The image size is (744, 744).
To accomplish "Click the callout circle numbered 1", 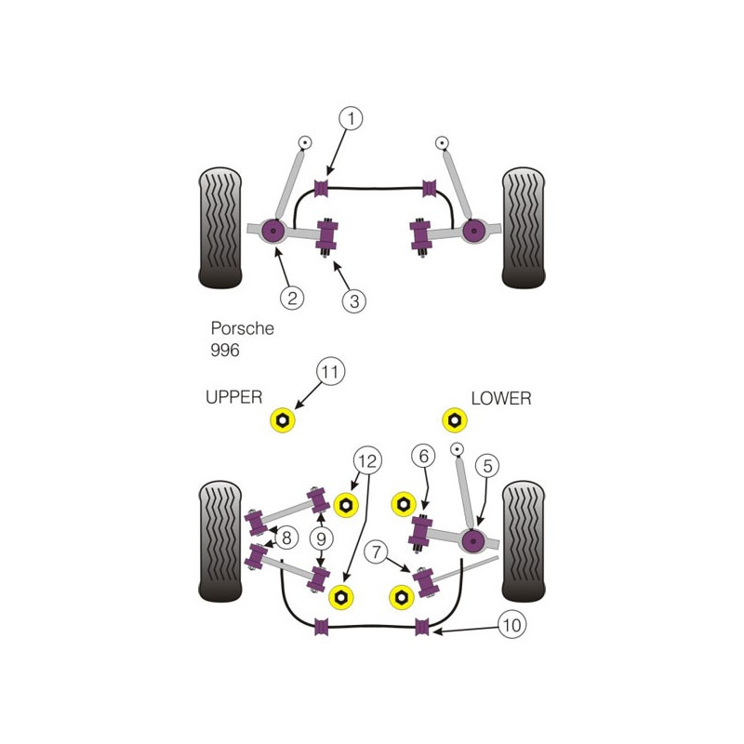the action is [x=351, y=118].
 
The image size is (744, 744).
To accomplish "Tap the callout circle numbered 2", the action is [x=292, y=298].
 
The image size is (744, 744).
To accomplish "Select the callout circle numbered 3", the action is [x=354, y=300].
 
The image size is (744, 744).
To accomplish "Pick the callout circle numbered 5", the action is [x=487, y=466].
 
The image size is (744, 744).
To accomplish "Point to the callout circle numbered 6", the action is [x=423, y=456].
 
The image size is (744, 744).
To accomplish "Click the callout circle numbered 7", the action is [x=376, y=551].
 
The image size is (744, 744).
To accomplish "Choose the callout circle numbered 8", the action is [x=286, y=538].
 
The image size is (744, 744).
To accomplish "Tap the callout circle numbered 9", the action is [x=321, y=538].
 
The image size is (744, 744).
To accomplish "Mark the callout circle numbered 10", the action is [x=512, y=625].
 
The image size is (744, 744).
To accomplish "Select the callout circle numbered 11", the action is [x=331, y=371].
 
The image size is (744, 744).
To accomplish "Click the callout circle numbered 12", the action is [x=367, y=460].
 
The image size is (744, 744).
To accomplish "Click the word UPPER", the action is [x=234, y=397].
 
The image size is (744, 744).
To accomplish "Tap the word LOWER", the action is [x=501, y=398].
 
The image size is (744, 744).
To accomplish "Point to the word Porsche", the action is [x=243, y=328].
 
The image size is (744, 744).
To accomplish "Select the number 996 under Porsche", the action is [x=225, y=351].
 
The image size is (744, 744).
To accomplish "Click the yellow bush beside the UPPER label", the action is [x=283, y=420].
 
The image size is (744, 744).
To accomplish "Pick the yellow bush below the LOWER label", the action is [x=455, y=420].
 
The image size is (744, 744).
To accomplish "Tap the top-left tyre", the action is [x=220, y=228].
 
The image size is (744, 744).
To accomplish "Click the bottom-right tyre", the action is [x=524, y=541].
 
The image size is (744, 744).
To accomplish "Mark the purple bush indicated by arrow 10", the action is [x=422, y=627].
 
